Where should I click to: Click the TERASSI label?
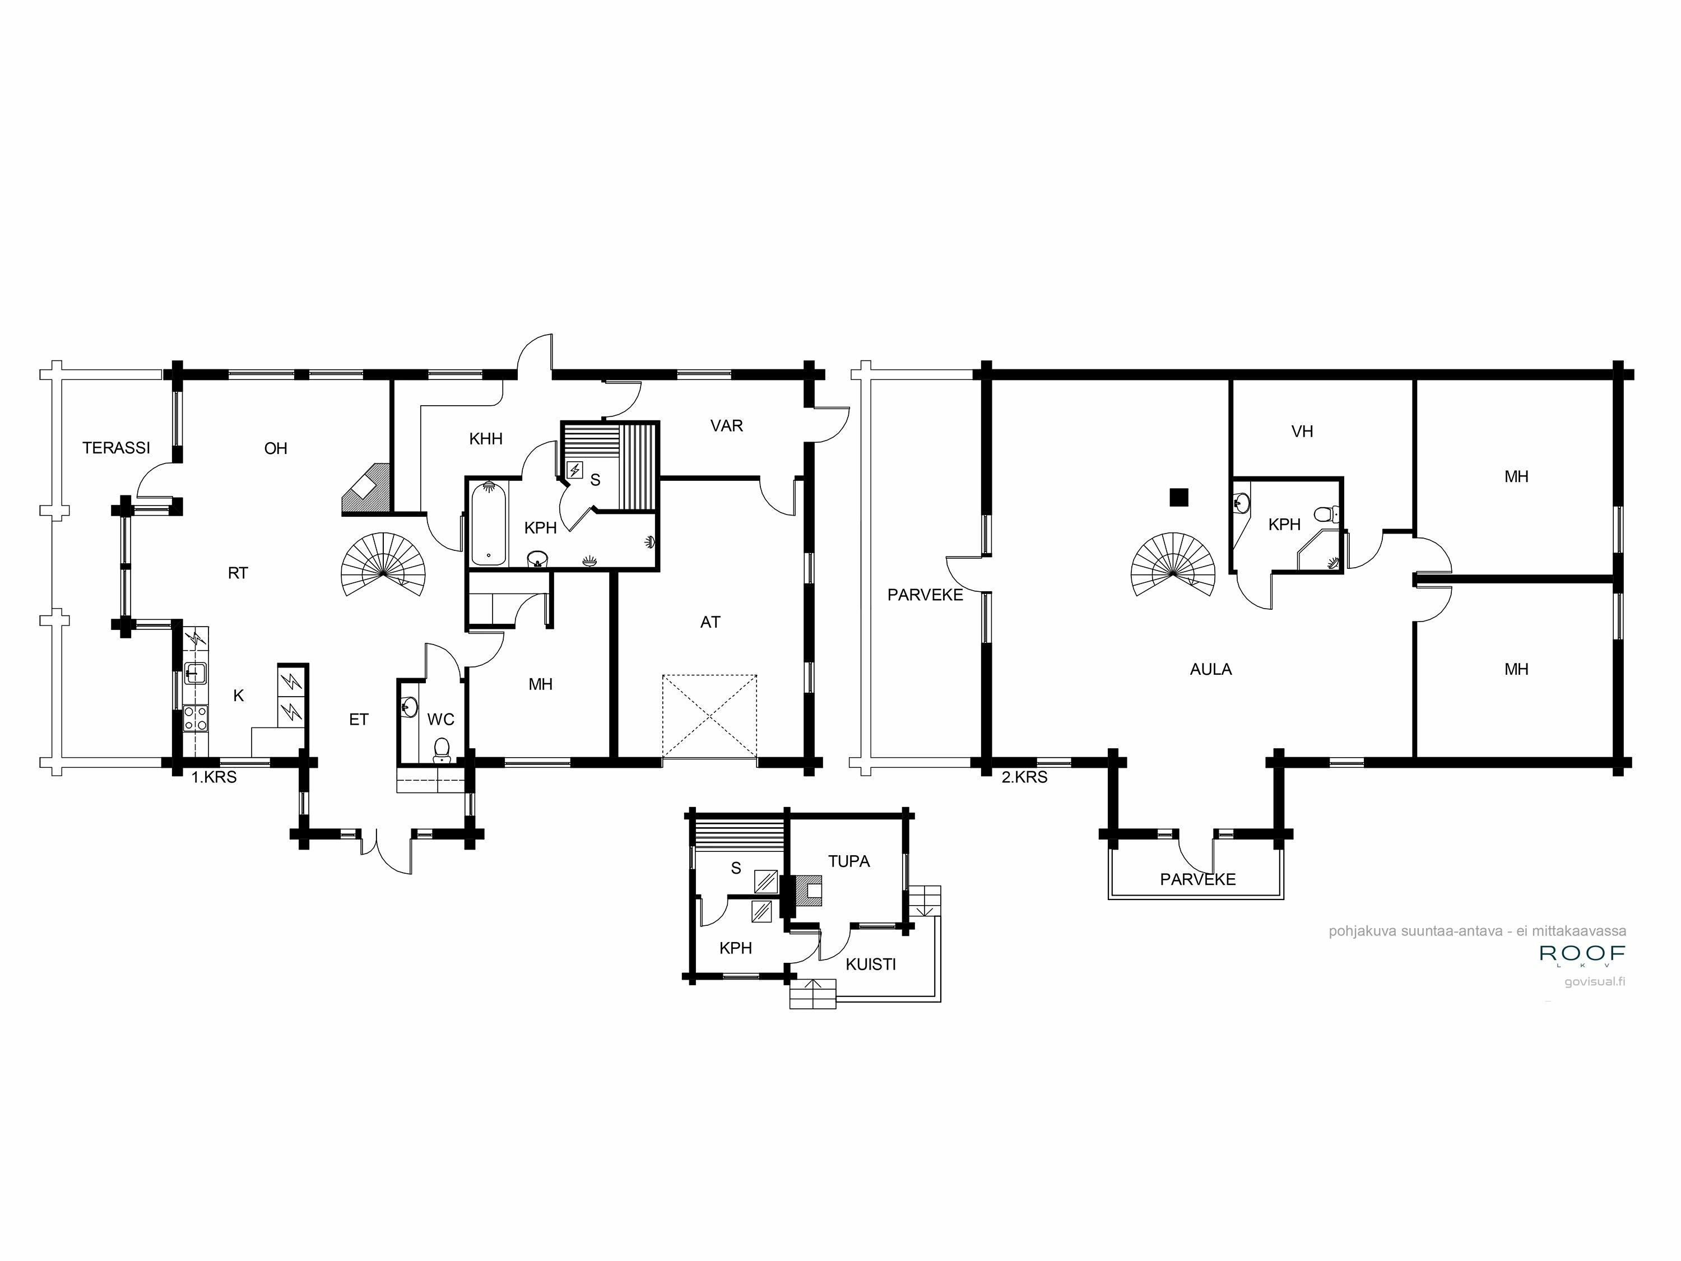click(117, 448)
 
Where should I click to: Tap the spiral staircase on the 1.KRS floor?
click(383, 565)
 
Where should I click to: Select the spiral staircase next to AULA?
click(1173, 565)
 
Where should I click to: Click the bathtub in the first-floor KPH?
click(489, 523)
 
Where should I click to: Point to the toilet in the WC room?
click(442, 749)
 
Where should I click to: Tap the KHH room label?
click(486, 439)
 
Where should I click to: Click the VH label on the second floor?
click(1302, 432)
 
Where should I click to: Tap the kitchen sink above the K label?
click(196, 673)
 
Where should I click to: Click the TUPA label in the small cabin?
click(848, 861)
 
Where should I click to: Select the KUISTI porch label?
click(870, 965)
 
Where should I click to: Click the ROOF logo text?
click(1582, 953)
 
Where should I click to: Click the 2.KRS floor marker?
click(1024, 777)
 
